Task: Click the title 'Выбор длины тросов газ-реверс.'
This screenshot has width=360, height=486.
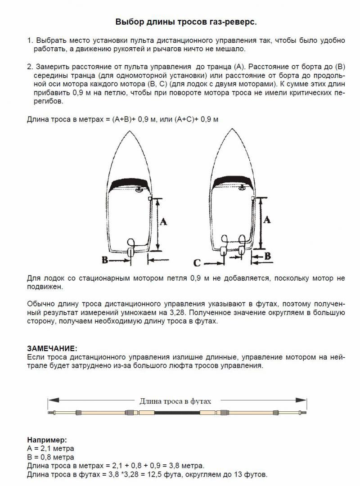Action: (x=186, y=22)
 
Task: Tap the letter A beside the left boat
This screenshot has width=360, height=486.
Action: (x=164, y=221)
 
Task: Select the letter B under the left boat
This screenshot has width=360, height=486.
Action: (x=104, y=260)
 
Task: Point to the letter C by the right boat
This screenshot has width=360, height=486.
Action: (x=197, y=262)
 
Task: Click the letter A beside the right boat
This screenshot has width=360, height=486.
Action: (x=266, y=220)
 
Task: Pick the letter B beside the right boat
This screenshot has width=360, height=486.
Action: (x=267, y=256)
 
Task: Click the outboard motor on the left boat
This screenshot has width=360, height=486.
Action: (x=132, y=250)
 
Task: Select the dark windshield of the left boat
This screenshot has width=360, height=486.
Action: (x=127, y=184)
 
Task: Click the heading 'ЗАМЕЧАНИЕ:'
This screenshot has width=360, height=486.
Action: (x=52, y=348)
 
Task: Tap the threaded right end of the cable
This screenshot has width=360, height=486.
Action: (x=302, y=412)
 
